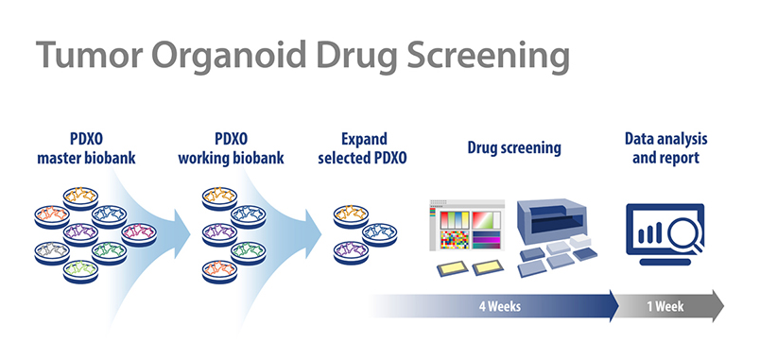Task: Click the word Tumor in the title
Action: click(90, 56)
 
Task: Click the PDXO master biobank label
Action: click(86, 148)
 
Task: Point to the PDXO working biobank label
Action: click(231, 148)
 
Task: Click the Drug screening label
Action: click(514, 147)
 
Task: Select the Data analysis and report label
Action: click(666, 148)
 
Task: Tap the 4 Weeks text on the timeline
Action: click(499, 306)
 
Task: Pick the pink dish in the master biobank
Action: click(139, 234)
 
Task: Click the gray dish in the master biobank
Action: click(52, 253)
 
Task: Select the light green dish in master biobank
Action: click(81, 271)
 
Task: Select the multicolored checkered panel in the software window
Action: click(454, 240)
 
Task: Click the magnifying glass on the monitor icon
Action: click(685, 235)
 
